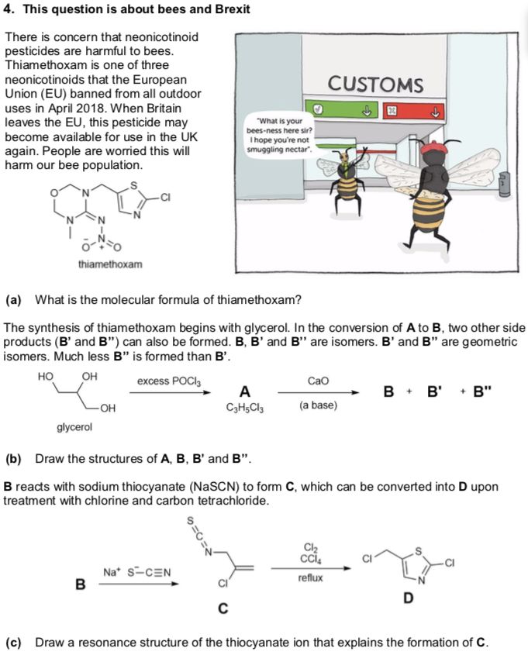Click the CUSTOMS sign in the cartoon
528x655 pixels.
tap(375, 84)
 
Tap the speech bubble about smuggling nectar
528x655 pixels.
tap(278, 134)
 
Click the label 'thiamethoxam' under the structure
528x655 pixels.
tap(110, 265)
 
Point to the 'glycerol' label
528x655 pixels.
tap(74, 426)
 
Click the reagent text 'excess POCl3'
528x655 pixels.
tap(169, 381)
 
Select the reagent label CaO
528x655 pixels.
tap(318, 381)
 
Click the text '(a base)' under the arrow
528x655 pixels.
tap(318, 405)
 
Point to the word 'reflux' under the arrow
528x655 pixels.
tap(310, 578)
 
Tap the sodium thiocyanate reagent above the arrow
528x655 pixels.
tap(136, 573)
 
